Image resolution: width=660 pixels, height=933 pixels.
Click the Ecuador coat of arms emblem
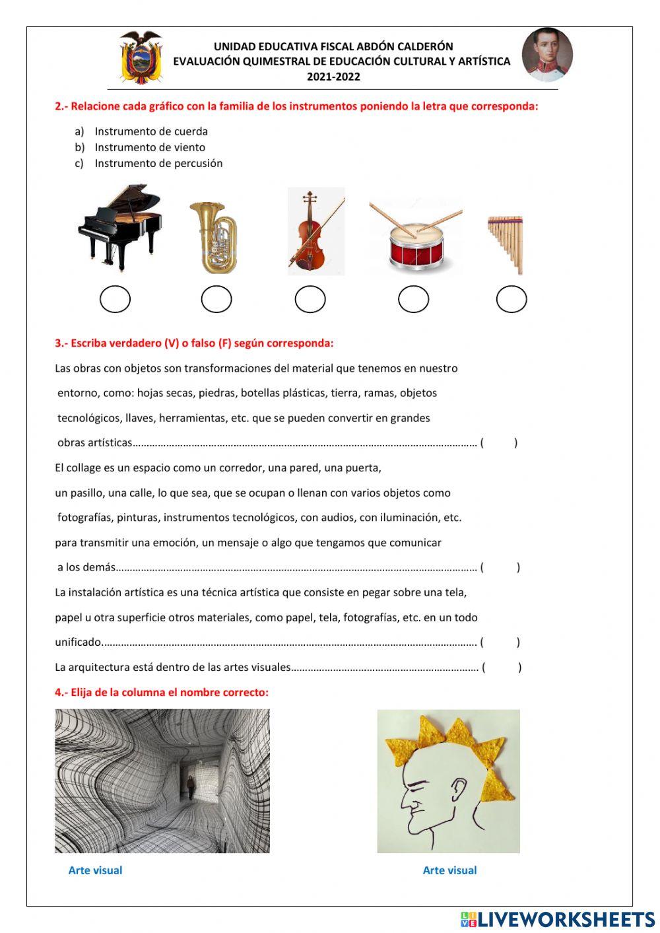141,57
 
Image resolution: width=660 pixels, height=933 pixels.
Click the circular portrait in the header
547,55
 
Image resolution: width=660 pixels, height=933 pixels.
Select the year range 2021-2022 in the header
333,77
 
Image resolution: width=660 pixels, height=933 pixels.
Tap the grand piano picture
119,228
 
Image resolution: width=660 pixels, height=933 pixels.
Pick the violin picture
315,231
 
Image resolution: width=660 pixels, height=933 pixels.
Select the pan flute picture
507,243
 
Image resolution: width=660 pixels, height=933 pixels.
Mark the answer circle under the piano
115,299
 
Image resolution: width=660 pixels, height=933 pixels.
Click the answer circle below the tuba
216,299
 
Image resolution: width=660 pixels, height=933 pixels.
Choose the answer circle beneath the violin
310,299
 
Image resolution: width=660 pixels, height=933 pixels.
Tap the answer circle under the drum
414,299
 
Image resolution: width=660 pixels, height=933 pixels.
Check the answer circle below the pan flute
511,299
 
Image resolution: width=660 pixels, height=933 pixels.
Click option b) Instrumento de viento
149,147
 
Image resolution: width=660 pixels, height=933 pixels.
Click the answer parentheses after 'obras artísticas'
499,443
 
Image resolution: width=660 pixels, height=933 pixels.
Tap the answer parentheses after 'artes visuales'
502,668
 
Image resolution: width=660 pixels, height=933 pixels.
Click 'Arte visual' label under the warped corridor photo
95,870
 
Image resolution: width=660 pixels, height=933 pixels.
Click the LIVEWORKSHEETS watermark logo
558,919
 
